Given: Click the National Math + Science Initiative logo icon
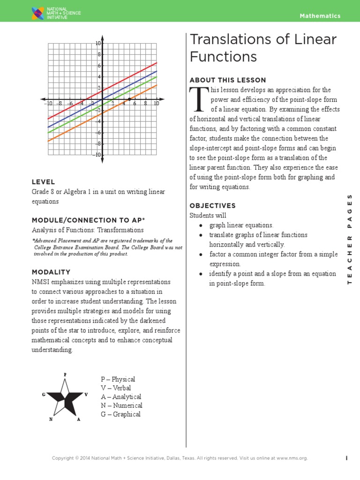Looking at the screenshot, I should tap(38, 14).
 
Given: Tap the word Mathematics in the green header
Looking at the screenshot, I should tap(320, 16).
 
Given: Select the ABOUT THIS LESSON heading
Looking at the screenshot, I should tap(227, 80).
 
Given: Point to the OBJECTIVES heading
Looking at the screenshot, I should tap(212, 206).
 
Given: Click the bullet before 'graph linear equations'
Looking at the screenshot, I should tap(200, 225).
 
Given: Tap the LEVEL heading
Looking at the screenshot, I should tap(43, 182).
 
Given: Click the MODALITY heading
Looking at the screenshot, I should tap(51, 272).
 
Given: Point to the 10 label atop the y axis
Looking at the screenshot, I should tap(98, 43).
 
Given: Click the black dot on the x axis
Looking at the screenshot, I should tap(129, 99).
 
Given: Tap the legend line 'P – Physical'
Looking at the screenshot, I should tap(118, 379).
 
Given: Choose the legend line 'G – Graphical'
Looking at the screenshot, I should tap(120, 414).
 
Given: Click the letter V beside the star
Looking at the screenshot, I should tap(86, 395).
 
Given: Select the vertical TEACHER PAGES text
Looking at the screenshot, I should tap(349, 239).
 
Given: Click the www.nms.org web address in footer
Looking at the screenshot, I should tap(292, 458).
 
